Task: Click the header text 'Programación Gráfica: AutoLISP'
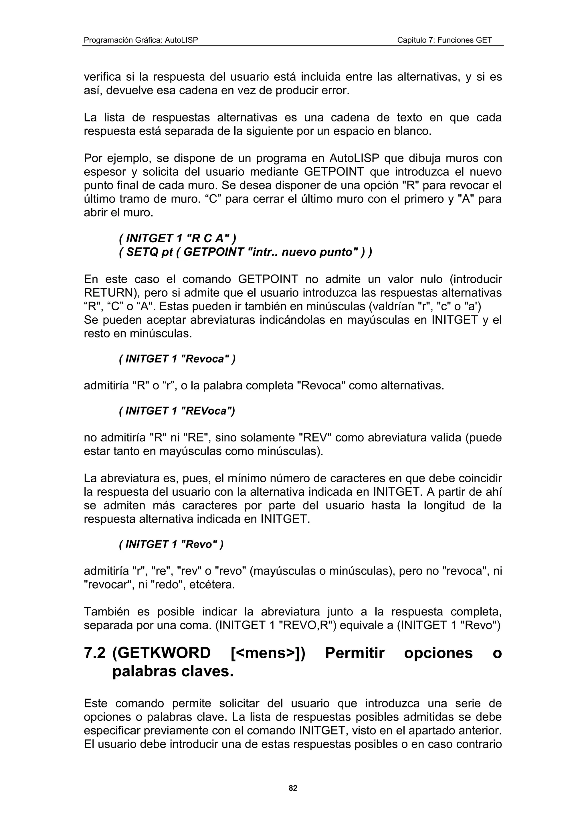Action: coord(141,40)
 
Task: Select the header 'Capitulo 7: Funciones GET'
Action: coord(444,40)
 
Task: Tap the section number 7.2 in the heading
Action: coord(95,653)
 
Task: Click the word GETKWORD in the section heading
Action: coord(161,653)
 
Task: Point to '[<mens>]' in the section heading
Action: coord(268,653)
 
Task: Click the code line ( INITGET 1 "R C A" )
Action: coord(177,238)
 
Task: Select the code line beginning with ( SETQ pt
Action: coord(245,252)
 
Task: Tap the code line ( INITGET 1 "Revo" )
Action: coord(171,544)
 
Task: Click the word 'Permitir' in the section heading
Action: coord(355,653)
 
